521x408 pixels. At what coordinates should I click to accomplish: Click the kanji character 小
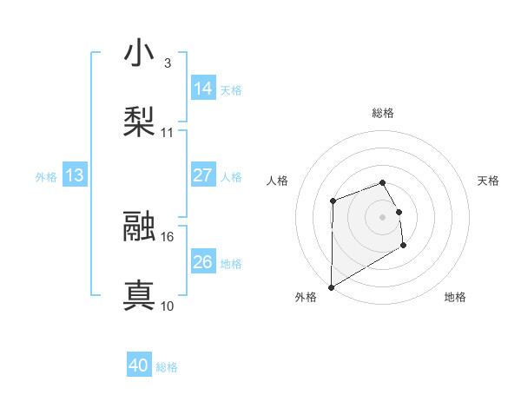[x=140, y=55]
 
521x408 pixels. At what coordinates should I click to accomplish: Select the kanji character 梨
[x=140, y=121]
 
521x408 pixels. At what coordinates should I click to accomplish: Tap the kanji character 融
[x=140, y=227]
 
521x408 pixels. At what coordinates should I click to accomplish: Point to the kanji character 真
[x=140, y=295]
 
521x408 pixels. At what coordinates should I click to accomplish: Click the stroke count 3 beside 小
[x=167, y=63]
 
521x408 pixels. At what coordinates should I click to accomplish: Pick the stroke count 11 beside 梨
[x=168, y=133]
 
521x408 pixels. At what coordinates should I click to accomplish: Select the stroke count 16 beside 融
[x=168, y=236]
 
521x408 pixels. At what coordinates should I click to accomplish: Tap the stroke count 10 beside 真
[x=168, y=306]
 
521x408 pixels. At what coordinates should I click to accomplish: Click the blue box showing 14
[x=203, y=89]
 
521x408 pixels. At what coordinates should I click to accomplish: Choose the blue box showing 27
[x=203, y=175]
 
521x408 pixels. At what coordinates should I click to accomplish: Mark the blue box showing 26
[x=203, y=262]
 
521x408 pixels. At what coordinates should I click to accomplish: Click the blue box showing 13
[x=75, y=175]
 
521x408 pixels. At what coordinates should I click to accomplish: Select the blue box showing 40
[x=139, y=366]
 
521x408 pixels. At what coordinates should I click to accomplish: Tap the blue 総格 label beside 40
[x=167, y=367]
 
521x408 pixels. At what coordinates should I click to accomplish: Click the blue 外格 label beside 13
[x=46, y=176]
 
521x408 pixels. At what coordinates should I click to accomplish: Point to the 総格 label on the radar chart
[x=382, y=113]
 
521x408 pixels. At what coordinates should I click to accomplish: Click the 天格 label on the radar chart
[x=489, y=181]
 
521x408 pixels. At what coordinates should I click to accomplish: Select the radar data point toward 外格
[x=331, y=287]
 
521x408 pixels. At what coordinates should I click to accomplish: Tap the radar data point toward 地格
[x=403, y=246]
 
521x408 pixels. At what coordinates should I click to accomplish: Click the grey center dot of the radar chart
[x=382, y=217]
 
